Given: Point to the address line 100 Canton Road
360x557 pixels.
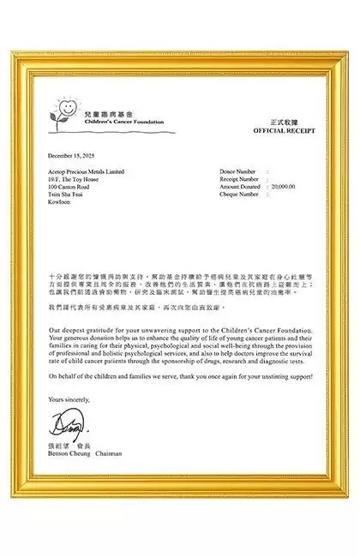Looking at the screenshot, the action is coord(69,186).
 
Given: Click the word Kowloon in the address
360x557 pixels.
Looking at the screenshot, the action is coord(61,201).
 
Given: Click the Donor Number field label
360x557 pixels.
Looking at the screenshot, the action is coord(237,171).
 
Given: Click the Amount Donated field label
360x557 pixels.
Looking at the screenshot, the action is coord(240,186).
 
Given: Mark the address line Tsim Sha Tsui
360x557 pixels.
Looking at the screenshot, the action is coord(66,194).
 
